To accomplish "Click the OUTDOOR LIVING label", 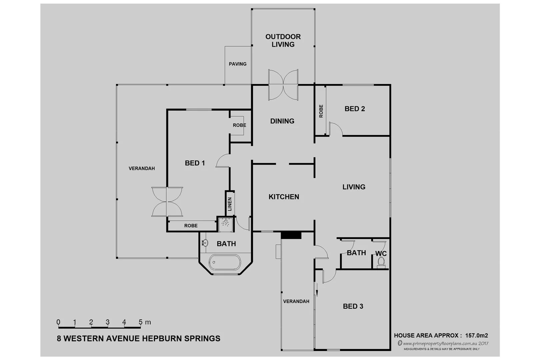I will (x=283, y=40).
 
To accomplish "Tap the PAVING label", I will (x=238, y=64).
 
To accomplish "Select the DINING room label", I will (x=282, y=121).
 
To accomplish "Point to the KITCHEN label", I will (x=284, y=197).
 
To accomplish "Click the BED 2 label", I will (x=355, y=109).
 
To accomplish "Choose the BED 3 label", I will (x=353, y=306).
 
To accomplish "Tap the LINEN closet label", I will (x=230, y=204).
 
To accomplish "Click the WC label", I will (x=381, y=254).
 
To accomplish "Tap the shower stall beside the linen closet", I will (x=226, y=223).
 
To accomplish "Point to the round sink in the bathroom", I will (x=205, y=243).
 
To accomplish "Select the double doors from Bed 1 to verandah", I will (x=167, y=202).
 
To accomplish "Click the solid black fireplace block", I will (x=291, y=235).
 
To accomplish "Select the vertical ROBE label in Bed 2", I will (x=321, y=111).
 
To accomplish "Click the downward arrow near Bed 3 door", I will (x=317, y=292).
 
